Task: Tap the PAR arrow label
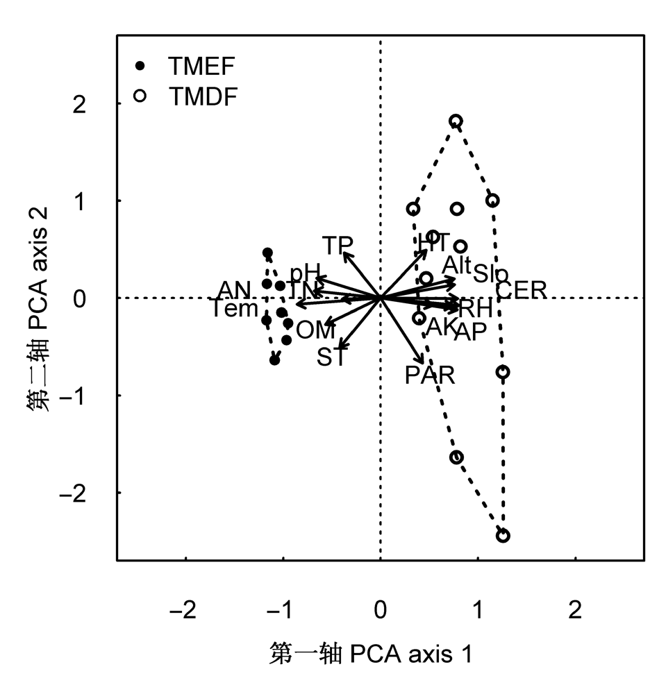click(x=430, y=376)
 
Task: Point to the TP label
click(x=338, y=245)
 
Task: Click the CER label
click(x=522, y=290)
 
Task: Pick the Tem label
click(x=235, y=309)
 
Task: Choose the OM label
click(x=316, y=330)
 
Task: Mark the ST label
click(x=331, y=358)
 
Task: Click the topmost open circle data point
click(x=456, y=121)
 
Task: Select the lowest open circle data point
click(x=503, y=536)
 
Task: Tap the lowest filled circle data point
click(x=275, y=360)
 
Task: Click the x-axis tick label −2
click(x=185, y=611)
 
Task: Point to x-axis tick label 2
click(x=574, y=611)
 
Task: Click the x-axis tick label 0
click(x=380, y=611)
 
